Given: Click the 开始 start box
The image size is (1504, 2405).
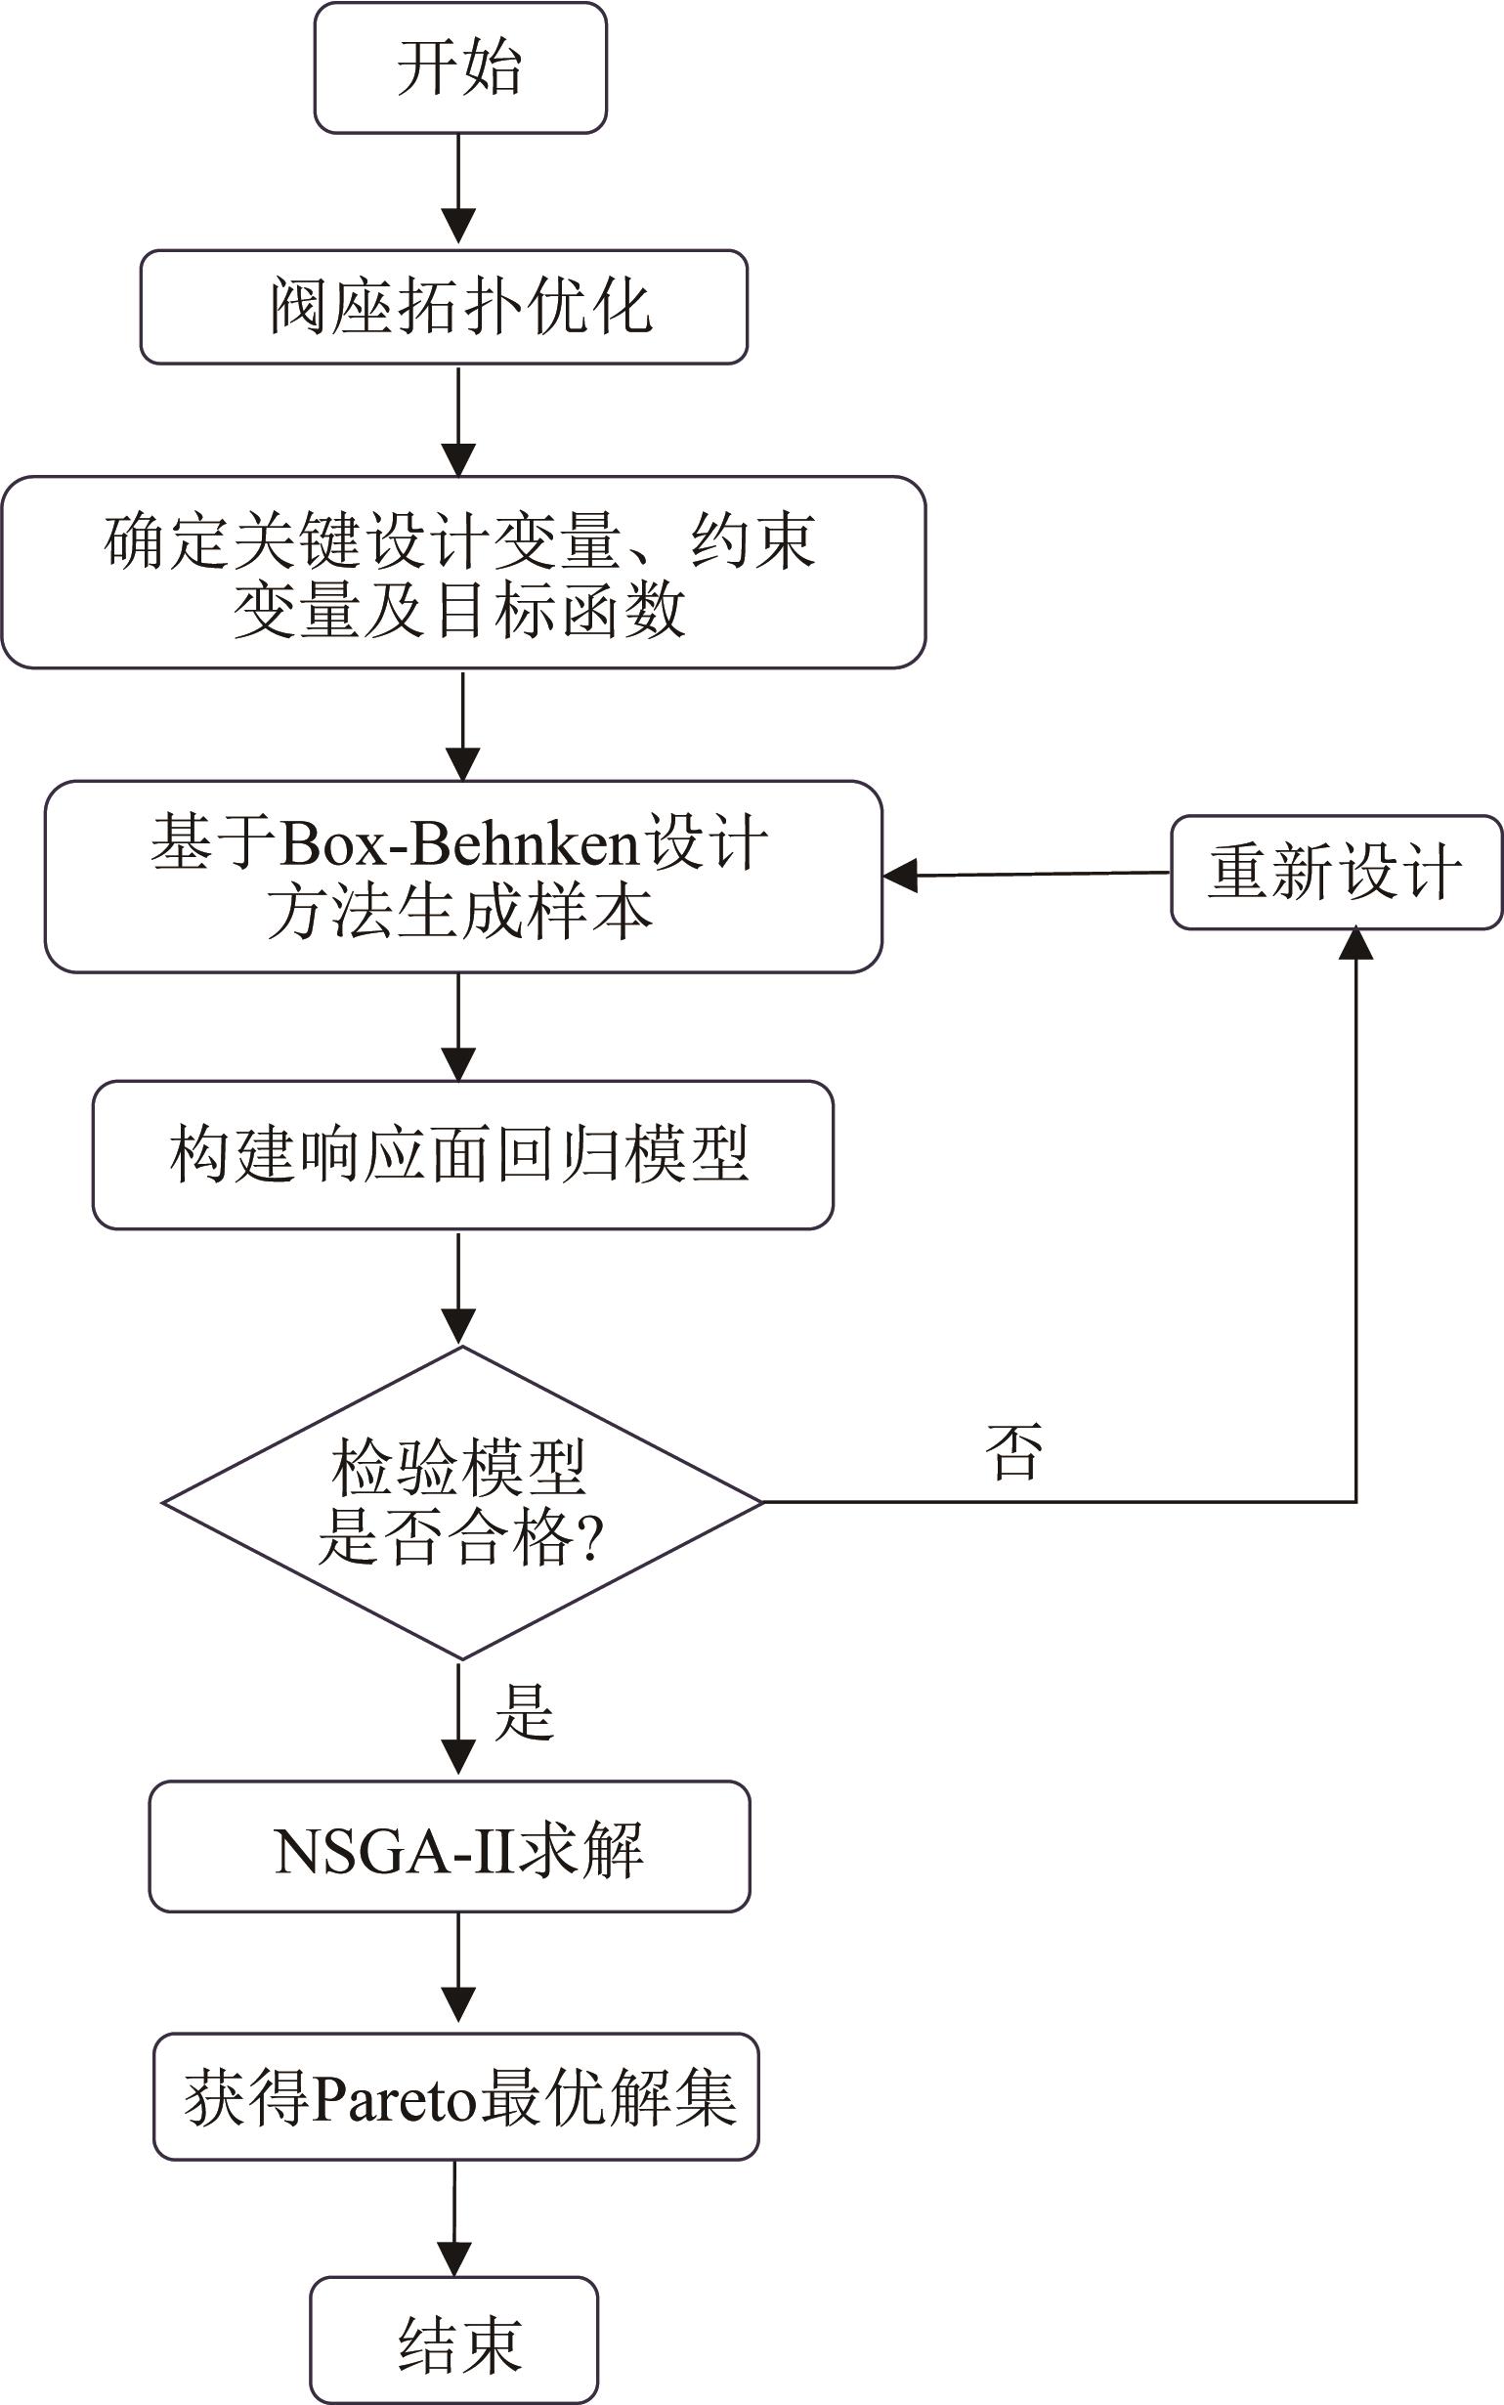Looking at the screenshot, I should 459,67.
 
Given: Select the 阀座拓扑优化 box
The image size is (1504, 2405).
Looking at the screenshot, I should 444,306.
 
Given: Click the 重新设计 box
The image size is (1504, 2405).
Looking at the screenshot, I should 1335,873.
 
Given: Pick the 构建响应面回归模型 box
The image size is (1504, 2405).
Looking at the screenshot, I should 462,1155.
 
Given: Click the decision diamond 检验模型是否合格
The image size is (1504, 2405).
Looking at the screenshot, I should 461,1502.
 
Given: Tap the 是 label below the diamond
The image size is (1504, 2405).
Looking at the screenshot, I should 524,1713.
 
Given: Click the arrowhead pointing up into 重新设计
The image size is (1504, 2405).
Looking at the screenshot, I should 1355,943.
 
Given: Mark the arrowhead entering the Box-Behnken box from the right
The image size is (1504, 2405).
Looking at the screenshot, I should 900,876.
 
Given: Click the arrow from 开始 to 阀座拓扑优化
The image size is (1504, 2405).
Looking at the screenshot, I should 458,189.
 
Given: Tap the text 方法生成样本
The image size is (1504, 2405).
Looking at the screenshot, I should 458,911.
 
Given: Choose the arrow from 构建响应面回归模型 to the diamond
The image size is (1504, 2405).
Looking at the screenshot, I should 458,1287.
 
